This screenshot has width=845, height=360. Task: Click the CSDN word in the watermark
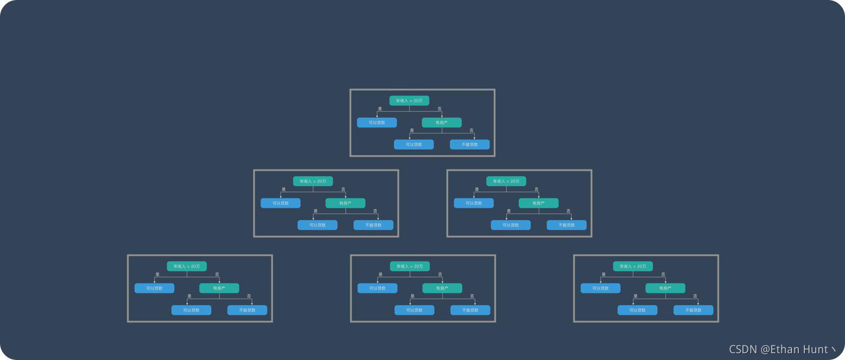pos(744,349)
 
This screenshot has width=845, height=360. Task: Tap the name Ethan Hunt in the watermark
pos(799,349)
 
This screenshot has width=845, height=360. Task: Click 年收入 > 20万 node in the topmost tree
pos(409,101)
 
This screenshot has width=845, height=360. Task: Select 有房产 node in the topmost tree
pos(442,122)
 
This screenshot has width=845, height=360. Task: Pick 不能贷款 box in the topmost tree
pos(469,144)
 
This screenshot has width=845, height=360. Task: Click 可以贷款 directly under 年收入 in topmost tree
pos(377,122)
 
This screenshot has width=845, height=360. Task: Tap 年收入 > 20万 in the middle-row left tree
pos(313,181)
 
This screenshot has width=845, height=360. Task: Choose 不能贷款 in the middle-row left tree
pos(373,225)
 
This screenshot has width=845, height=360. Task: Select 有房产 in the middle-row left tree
pos(345,203)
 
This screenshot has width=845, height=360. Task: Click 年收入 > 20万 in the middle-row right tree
pos(506,181)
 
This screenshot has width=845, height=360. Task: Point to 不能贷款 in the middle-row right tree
pos(566,225)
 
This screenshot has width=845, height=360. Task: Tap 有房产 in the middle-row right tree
pos(539,203)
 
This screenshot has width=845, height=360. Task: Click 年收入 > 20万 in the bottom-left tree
pos(186,266)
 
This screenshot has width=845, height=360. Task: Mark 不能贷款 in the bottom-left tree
pos(247,310)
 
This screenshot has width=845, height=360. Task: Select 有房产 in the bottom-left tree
pos(219,288)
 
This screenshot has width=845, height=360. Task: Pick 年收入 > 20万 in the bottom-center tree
pos(410,266)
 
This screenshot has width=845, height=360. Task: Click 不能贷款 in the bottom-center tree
pos(470,310)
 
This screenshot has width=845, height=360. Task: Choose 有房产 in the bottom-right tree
pos(665,288)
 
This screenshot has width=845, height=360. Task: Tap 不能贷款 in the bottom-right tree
pos(693,310)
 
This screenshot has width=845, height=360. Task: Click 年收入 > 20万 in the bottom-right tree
pos(633,266)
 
